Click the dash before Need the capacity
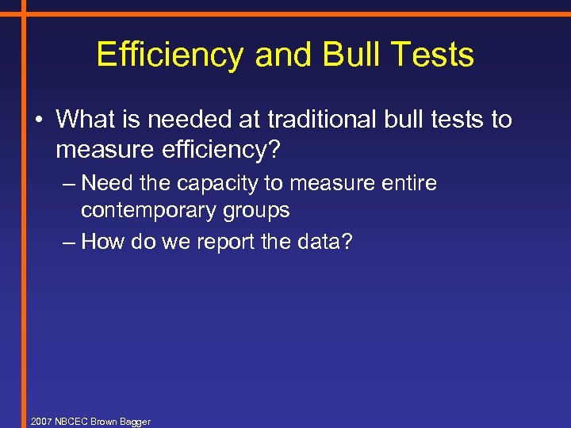[x=69, y=185]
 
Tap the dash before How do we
[x=69, y=242]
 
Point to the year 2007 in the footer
[x=40, y=421]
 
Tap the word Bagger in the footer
[x=135, y=422]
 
